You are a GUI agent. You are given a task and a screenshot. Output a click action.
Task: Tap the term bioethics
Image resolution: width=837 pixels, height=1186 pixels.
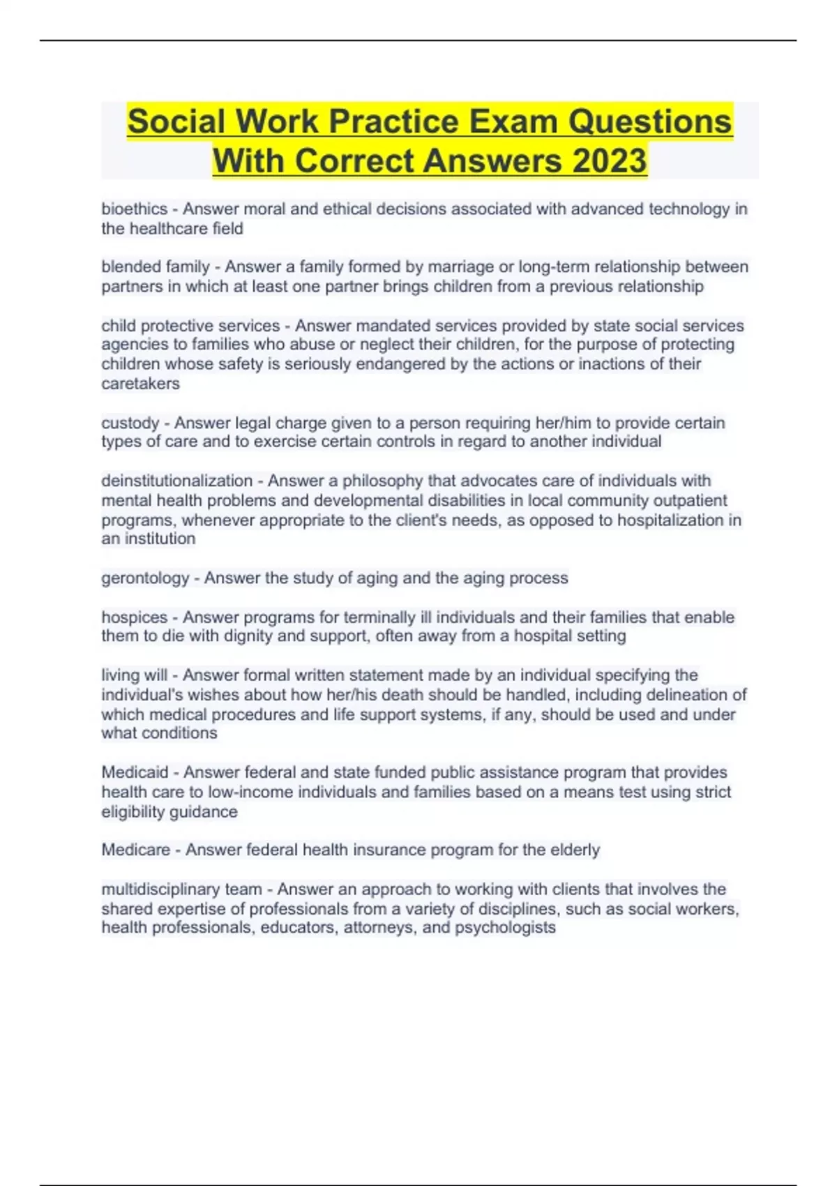pos(135,209)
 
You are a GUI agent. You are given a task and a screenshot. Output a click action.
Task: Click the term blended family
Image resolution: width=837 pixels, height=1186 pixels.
pos(156,267)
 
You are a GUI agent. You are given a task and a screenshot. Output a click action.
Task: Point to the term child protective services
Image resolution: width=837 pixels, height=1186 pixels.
pos(190,326)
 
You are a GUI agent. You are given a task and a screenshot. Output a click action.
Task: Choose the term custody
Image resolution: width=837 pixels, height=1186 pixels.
pos(130,423)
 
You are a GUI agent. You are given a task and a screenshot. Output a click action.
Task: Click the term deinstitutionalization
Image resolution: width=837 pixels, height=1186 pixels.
pos(176,481)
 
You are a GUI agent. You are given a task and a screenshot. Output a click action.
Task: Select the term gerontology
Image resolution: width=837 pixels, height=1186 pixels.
pos(145,578)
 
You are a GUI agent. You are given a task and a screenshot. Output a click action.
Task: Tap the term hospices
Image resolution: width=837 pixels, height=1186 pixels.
pos(135,617)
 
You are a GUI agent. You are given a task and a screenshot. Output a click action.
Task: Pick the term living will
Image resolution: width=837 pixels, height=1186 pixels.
pos(135,675)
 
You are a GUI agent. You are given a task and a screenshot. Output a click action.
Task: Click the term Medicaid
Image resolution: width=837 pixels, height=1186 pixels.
pos(135,772)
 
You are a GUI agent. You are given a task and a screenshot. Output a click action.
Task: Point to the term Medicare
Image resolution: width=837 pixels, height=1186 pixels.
pos(136,850)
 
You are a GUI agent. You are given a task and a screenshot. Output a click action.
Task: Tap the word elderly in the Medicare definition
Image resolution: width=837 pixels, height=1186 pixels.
pos(574,850)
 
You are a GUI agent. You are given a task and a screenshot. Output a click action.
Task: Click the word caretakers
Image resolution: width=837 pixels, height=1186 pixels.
pos(140,384)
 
